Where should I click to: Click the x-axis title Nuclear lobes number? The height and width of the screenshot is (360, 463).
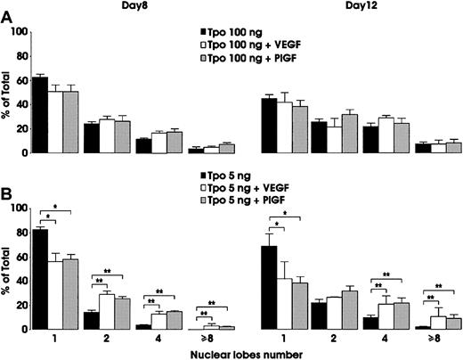(242, 352)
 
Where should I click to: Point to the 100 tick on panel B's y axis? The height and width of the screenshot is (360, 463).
(22, 209)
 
